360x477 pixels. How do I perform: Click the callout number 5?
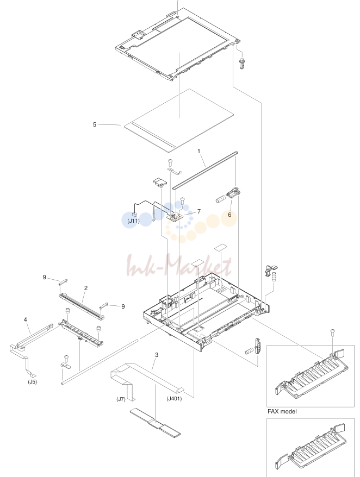(95, 124)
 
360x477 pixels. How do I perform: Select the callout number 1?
(199, 151)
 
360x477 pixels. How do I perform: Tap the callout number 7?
(199, 211)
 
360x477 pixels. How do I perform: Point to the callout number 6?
(229, 215)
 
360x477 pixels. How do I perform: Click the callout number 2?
(86, 288)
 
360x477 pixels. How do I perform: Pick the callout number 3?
(157, 355)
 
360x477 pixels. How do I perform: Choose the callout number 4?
(25, 319)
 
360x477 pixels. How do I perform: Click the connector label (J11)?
(133, 221)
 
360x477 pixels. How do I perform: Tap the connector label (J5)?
(32, 382)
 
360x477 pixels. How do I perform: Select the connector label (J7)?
(121, 399)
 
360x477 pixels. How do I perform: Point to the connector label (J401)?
(174, 399)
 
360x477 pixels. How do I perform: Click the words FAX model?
(282, 411)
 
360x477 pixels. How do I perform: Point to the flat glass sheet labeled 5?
(179, 120)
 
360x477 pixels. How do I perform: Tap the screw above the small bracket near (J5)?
(65, 357)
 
